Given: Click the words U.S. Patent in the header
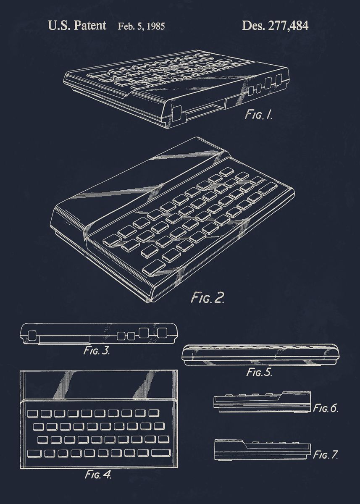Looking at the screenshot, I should click(x=77, y=26).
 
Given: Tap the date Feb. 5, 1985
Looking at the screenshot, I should click(x=141, y=27).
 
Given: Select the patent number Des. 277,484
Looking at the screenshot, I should click(x=275, y=26).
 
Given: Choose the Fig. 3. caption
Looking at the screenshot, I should click(x=96, y=351).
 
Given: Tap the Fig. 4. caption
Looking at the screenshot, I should click(x=98, y=475).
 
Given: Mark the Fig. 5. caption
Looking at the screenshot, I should click(x=259, y=372).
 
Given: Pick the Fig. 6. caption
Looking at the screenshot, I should click(x=326, y=408).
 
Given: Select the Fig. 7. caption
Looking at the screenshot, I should click(x=326, y=454).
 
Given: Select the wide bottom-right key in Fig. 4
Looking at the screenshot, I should click(x=160, y=453).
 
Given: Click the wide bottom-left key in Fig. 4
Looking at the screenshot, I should click(x=35, y=453).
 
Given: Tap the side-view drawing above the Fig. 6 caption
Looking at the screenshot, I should click(x=263, y=402).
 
